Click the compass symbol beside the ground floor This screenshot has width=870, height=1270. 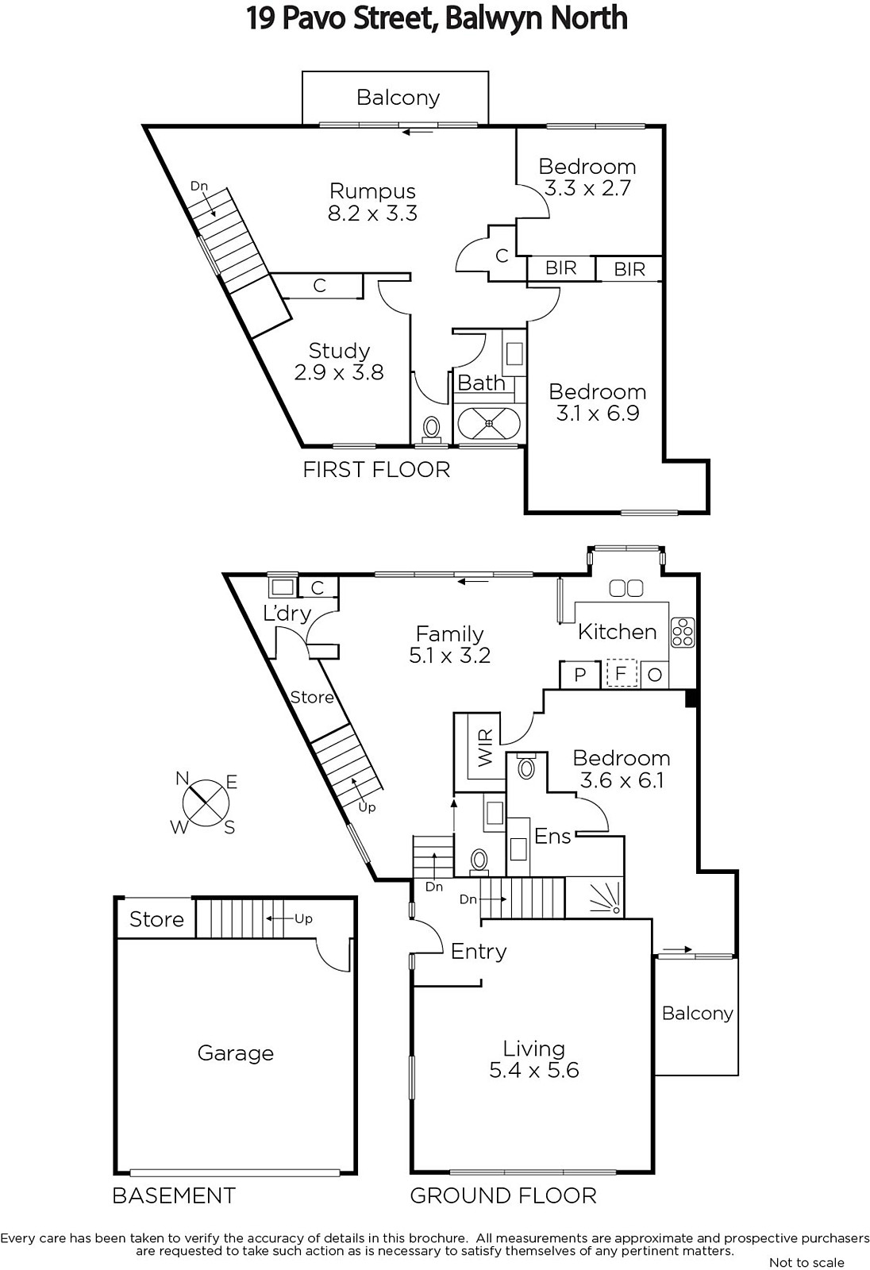pos(206,803)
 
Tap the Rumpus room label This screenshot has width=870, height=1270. pos(372,191)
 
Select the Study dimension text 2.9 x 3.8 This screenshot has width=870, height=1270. pos(339,372)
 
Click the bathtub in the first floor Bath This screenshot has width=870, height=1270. pos(489,423)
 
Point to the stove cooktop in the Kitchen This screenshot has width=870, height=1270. pos(683,632)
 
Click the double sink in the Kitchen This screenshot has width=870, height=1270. pos(626,588)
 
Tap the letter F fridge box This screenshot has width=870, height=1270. pos(622,674)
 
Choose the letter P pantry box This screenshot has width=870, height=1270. pos(580,675)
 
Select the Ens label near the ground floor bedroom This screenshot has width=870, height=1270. pos(552,837)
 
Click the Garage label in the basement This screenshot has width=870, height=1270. pos(236,1053)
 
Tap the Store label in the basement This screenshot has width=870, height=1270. pos(156,919)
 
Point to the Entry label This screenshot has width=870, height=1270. pos(479,952)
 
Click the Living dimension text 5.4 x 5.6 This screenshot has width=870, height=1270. pos(533,1070)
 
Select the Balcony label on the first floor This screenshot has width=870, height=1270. pos(398,98)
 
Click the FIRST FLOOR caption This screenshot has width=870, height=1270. pos(376,469)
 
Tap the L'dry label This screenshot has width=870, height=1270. pos(287,613)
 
